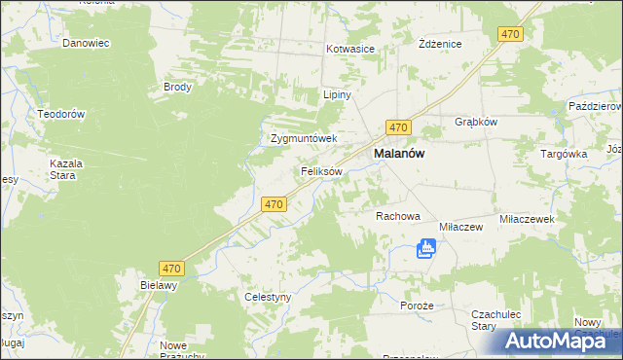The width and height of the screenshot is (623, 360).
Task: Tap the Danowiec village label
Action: point(86,44)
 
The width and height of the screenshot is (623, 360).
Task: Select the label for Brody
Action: point(178,87)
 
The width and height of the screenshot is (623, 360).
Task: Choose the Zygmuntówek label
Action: point(303,139)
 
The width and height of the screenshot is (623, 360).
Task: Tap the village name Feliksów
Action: point(320,171)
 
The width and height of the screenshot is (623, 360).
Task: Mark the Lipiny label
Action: point(337,95)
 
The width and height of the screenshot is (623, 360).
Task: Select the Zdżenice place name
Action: point(439,45)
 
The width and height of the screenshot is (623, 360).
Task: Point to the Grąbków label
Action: point(476,123)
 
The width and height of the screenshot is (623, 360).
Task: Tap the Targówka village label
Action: point(564,154)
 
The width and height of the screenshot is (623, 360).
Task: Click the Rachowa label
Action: point(397,216)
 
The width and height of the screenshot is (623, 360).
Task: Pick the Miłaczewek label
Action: point(526,220)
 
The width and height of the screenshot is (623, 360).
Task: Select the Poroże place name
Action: point(416,306)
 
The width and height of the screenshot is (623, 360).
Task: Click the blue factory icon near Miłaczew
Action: point(425,249)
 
